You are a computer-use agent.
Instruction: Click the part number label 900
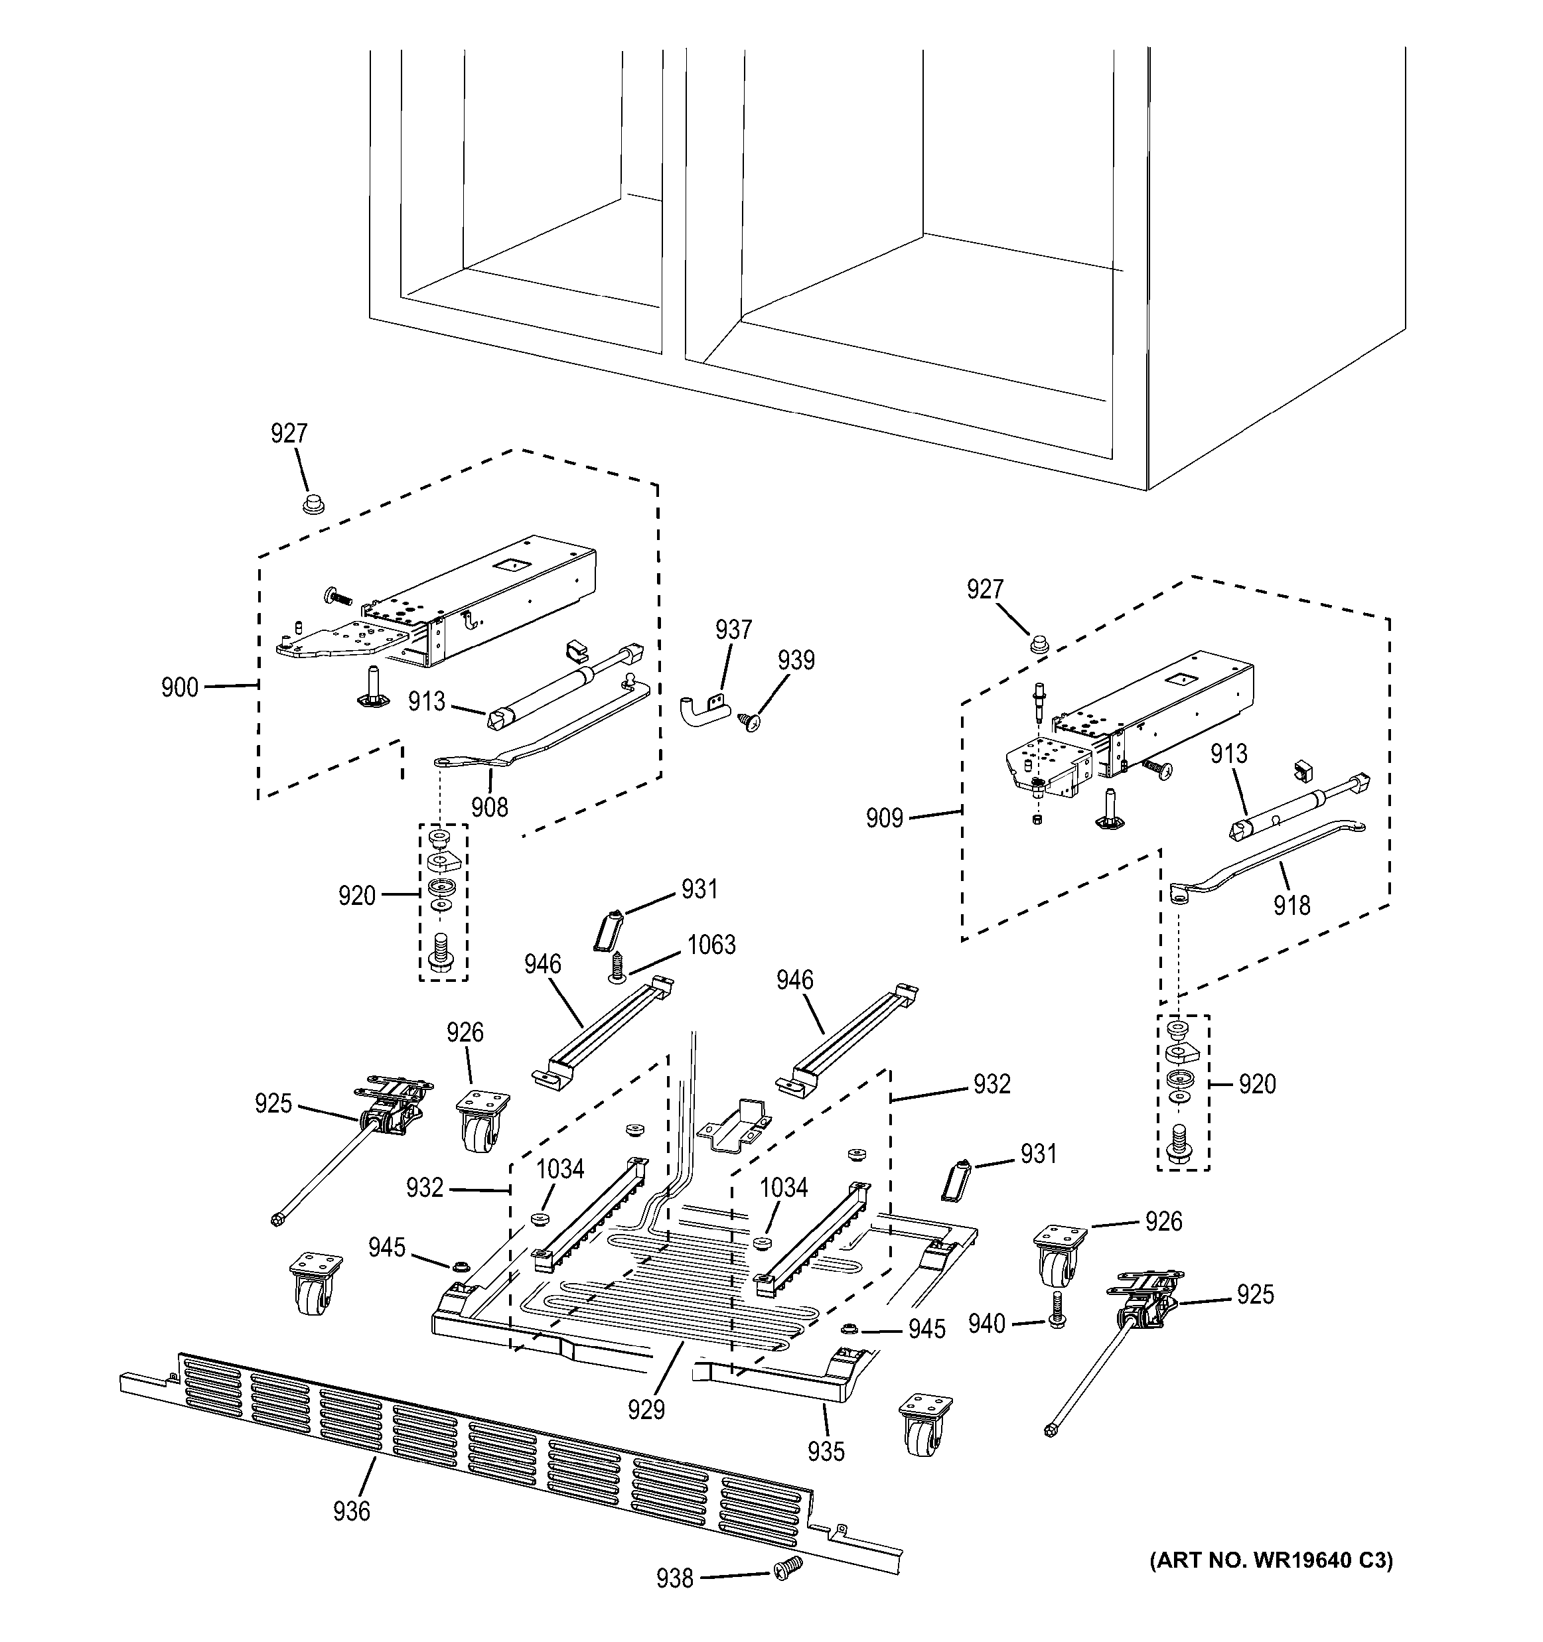pos(179,687)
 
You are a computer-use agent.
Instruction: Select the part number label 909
pos(884,819)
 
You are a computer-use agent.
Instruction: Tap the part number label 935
pos(826,1451)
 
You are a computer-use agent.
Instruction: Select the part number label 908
pos(490,807)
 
